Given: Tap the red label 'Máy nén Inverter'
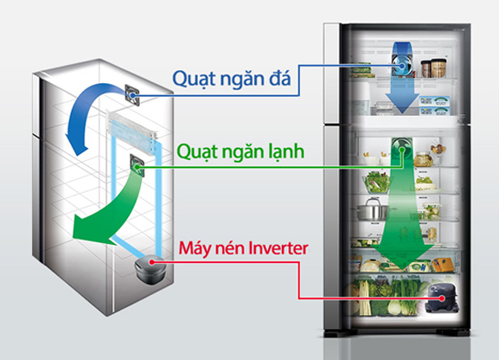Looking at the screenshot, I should click(242, 251).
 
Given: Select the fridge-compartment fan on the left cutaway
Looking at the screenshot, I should click(136, 162).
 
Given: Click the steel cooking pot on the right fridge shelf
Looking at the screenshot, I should click(373, 209).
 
